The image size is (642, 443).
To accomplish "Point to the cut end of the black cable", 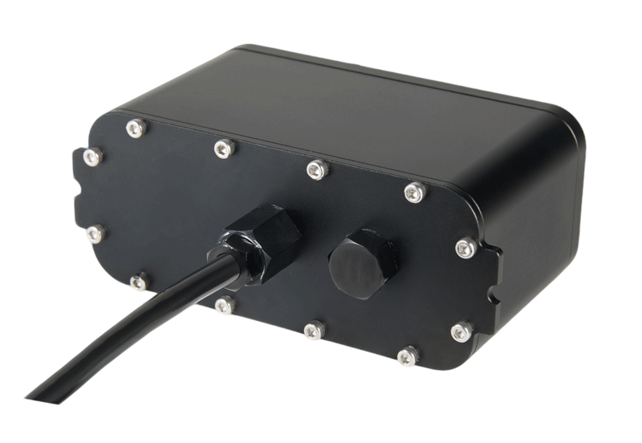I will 40,394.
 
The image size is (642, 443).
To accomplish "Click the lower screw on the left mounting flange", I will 95,234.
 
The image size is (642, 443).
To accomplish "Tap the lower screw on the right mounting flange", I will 461,331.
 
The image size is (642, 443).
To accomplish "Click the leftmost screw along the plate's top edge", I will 136,127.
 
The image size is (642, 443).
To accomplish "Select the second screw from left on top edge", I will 226,147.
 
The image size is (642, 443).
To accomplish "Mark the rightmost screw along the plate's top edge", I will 414,192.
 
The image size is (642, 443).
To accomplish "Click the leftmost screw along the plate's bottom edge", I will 139,281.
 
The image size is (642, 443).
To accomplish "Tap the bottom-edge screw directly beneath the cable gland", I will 226,305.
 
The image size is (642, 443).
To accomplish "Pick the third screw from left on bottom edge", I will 315,329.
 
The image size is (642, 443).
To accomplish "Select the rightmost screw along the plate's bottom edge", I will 408,355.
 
